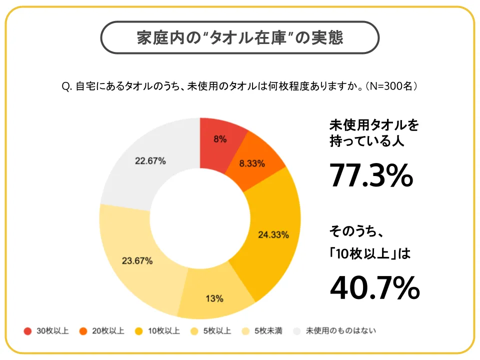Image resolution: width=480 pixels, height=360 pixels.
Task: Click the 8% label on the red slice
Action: click(x=220, y=139)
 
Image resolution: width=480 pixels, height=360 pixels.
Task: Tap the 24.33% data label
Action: click(x=273, y=234)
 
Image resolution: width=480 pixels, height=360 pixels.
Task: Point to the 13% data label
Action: click(x=214, y=299)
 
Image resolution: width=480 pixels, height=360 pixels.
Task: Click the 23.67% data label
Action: click(x=137, y=261)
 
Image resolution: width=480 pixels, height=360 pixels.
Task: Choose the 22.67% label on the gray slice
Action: click(x=150, y=161)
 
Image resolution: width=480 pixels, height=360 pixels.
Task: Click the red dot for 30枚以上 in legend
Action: click(x=27, y=331)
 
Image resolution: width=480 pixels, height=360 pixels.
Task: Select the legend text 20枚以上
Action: click(x=108, y=331)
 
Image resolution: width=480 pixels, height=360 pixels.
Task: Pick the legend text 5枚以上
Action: click(x=217, y=331)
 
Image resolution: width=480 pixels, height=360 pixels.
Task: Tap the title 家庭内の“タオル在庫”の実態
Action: click(x=240, y=38)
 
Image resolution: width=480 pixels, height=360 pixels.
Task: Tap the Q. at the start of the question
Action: click(x=66, y=86)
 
